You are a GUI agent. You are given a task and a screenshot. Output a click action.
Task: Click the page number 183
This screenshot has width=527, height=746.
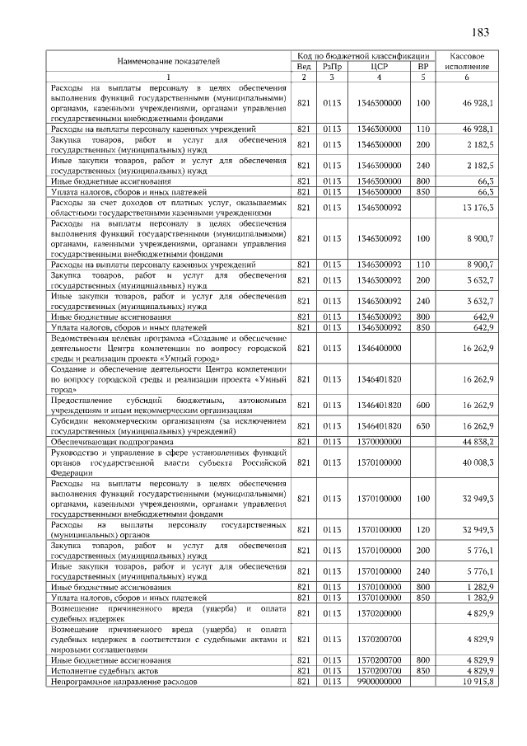[x=481, y=33]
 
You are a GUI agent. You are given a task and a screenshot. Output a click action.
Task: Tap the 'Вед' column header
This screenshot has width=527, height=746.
[x=303, y=66]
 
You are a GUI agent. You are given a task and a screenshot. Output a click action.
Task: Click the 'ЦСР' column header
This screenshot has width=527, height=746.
[x=380, y=66]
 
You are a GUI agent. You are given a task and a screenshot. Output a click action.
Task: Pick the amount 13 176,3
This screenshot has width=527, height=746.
[x=478, y=207]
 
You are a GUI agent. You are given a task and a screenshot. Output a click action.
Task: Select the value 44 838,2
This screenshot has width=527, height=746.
[x=478, y=441]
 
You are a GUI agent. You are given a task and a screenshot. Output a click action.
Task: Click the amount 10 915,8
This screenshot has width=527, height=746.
[x=478, y=682]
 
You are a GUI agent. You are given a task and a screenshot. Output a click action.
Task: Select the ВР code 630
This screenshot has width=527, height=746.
[x=423, y=425]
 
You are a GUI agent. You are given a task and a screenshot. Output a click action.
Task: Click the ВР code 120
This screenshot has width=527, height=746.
[x=423, y=528]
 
